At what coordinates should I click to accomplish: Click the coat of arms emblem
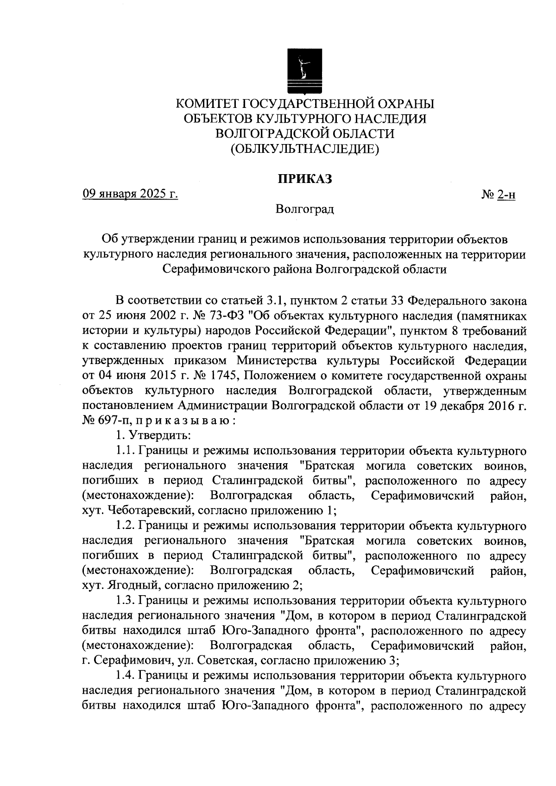(304, 69)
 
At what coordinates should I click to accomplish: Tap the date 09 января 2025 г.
(130, 194)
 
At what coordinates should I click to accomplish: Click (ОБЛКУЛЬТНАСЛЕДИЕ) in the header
(304, 149)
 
